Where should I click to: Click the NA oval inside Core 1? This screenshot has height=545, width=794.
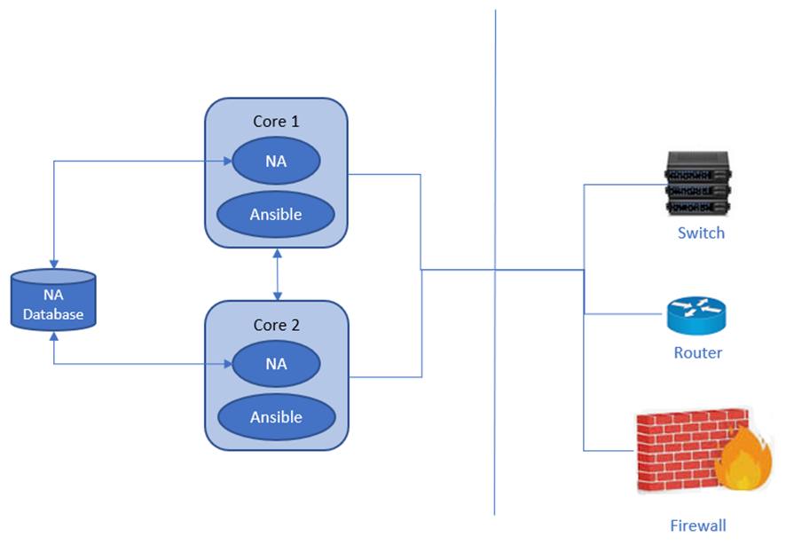(x=276, y=162)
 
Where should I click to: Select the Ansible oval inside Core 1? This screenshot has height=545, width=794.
(x=276, y=214)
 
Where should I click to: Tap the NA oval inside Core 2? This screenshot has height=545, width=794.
(x=276, y=364)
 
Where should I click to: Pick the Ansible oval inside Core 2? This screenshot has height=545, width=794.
(x=276, y=416)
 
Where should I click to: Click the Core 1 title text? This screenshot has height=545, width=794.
(x=276, y=122)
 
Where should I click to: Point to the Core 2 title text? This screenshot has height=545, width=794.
(x=276, y=325)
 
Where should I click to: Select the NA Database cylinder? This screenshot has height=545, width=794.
(x=53, y=301)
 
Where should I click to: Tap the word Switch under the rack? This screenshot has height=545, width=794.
(x=701, y=233)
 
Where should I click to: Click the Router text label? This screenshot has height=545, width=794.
(x=697, y=352)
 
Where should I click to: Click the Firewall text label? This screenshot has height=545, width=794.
(x=697, y=525)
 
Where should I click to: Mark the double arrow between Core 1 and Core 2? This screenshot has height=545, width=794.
(x=279, y=273)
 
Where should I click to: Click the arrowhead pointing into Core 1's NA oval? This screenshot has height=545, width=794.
(x=226, y=162)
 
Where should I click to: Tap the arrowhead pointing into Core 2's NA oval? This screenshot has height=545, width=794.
(x=226, y=364)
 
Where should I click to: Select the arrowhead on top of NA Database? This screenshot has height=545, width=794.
(x=54, y=264)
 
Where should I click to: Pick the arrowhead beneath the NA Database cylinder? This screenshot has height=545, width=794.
(x=54, y=337)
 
